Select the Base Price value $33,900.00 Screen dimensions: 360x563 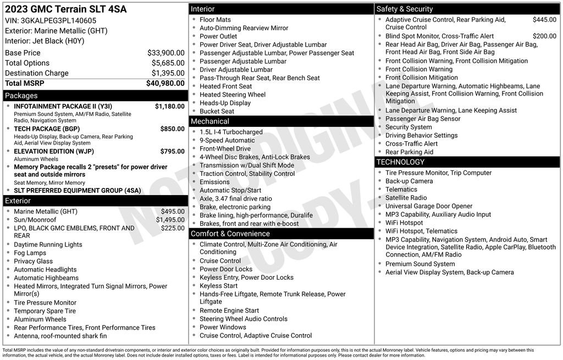tap(165, 53)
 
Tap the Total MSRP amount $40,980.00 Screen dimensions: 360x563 tap(165, 83)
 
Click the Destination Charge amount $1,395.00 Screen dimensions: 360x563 tap(168, 73)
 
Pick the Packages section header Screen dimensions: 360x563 tap(21, 96)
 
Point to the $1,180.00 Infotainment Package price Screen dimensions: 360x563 tap(169, 106)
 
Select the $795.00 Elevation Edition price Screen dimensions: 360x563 tap(172, 151)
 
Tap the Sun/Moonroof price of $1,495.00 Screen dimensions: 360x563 tap(170, 220)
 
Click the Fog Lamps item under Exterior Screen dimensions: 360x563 tap(30, 253)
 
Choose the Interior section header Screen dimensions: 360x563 tap(203, 9)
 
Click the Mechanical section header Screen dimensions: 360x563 tap(210, 121)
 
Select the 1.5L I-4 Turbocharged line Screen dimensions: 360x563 tap(231, 132)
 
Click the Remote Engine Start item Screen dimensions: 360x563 tap(229, 311)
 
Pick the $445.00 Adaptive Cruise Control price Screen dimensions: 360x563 tap(544, 20)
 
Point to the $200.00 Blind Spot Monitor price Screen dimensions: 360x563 tap(544, 36)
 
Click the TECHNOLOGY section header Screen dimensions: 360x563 tap(400, 162)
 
